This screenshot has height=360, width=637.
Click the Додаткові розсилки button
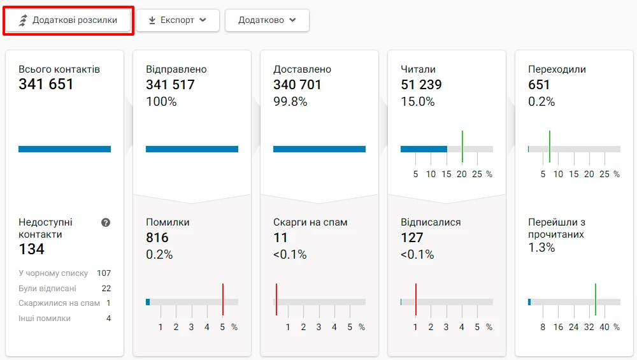point(68,20)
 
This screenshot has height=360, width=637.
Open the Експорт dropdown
point(177,20)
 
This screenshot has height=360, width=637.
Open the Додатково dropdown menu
point(267,20)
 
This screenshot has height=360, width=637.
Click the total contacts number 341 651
point(46,84)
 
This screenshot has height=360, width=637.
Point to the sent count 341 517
point(170,84)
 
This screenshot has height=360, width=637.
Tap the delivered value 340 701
point(297,84)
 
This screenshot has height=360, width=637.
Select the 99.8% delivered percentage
point(290,101)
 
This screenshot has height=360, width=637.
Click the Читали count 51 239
point(421,84)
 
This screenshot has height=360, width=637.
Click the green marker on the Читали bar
point(462,147)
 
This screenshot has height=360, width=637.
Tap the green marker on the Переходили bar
point(550,147)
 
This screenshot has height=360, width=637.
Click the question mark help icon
point(106,222)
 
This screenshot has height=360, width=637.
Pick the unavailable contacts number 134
point(31,249)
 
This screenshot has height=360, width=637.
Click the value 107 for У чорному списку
point(104,273)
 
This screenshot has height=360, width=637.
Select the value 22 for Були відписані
point(106,289)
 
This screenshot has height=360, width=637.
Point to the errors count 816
point(157,238)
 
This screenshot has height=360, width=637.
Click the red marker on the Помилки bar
point(223,299)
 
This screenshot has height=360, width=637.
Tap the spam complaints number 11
point(280,238)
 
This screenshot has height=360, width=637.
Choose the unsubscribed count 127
point(412,238)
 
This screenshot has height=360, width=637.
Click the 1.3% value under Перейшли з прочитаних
point(541,248)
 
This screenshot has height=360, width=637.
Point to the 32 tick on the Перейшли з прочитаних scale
point(589,327)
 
